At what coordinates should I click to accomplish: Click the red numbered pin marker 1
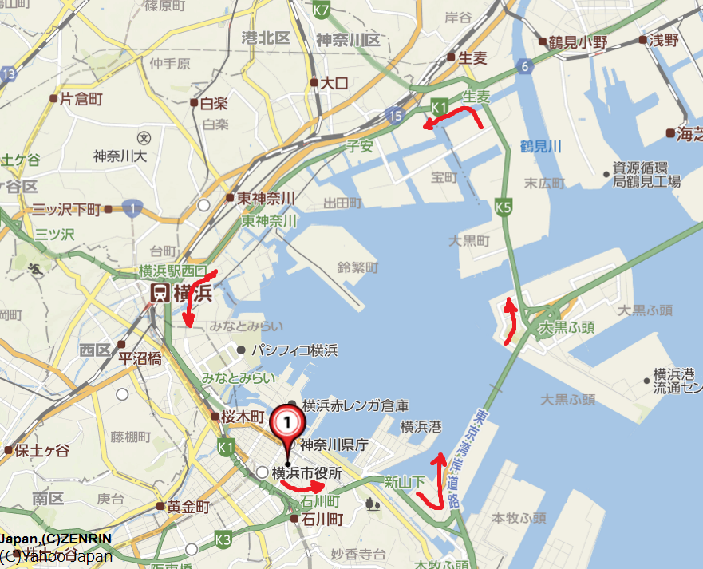pos(288,421)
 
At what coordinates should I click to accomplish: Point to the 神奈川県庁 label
pos(334,445)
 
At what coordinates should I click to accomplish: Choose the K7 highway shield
pos(322,10)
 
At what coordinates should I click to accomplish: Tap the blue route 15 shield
pos(397,117)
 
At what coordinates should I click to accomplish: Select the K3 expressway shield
pos(223,541)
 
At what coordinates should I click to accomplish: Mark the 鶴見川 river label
pos(541,145)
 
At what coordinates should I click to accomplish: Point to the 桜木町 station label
pos(241,417)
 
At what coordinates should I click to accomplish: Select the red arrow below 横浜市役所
pos(304,485)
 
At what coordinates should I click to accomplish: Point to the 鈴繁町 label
pos(357,267)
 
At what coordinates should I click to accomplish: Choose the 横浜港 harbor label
pos(421,427)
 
